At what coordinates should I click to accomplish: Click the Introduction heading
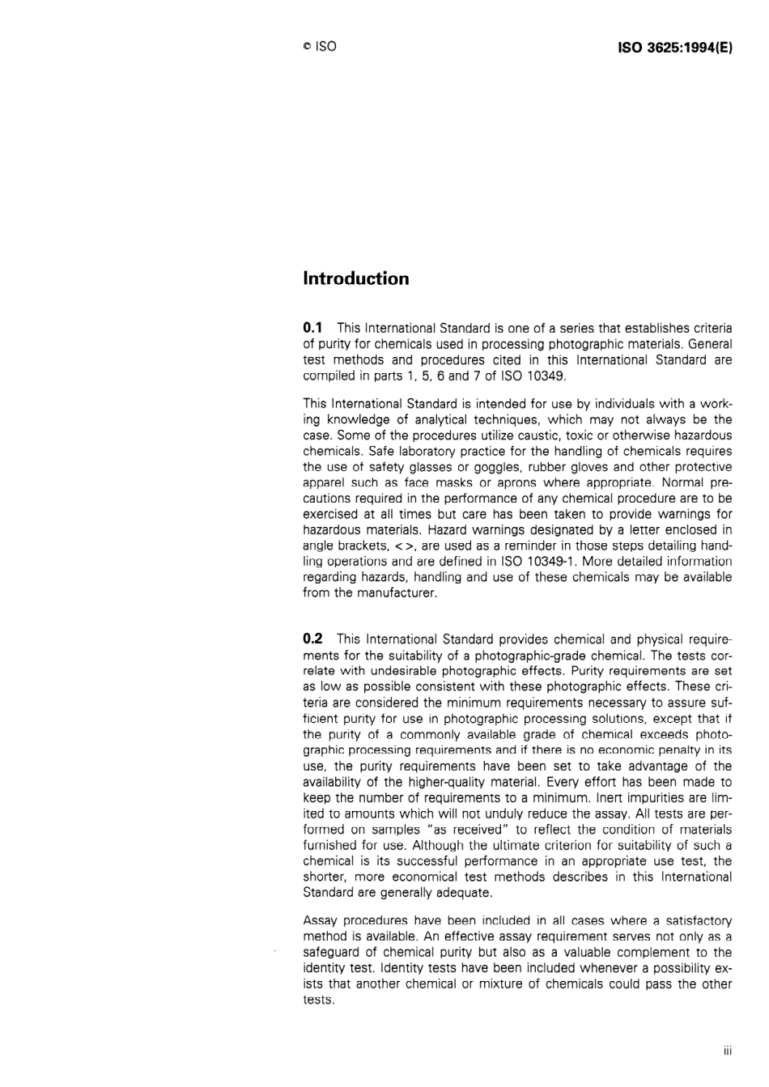click(355, 278)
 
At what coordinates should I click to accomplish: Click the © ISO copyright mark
click(319, 47)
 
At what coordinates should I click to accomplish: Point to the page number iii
click(727, 1051)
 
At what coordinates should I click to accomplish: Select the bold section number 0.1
click(312, 328)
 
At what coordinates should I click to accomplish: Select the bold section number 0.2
click(312, 639)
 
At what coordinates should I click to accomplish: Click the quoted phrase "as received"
click(471, 830)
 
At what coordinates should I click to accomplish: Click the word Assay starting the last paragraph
click(320, 921)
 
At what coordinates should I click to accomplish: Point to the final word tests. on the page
click(318, 1000)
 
